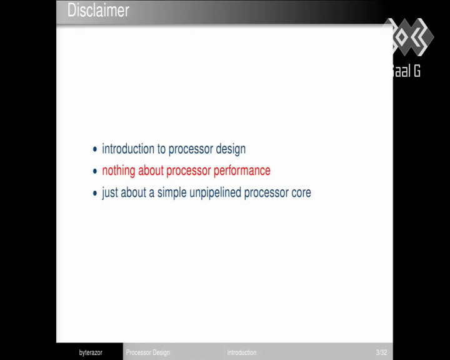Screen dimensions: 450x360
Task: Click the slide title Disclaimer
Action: pyautogui.click(x=98, y=11)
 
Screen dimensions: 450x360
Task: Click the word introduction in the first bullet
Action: pyautogui.click(x=128, y=149)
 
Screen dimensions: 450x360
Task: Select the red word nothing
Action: pyautogui.click(x=119, y=171)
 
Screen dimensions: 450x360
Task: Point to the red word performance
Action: pyautogui.click(x=242, y=171)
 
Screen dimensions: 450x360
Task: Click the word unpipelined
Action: pyautogui.click(x=215, y=192)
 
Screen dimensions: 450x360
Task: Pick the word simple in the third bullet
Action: pyautogui.click(x=172, y=192)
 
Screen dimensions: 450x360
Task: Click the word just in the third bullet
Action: pyautogui.click(x=110, y=192)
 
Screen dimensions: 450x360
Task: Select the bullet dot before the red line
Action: pyautogui.click(x=95, y=171)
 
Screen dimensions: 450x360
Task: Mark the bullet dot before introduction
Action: pyautogui.click(x=95, y=149)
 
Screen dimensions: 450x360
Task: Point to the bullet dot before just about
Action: pyautogui.click(x=95, y=193)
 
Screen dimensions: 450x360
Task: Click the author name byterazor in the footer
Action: pyautogui.click(x=91, y=352)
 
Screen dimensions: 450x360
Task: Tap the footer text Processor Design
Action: pyautogui.click(x=147, y=352)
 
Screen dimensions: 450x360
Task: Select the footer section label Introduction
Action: pyautogui.click(x=242, y=352)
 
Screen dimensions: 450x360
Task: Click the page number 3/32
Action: pyautogui.click(x=381, y=352)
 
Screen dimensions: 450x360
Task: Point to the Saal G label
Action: pyautogui.click(x=406, y=71)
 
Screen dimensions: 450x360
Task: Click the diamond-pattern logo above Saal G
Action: pyautogui.click(x=409, y=37)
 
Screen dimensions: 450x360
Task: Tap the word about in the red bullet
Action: pyautogui.click(x=151, y=171)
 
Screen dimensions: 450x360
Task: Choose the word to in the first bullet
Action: pyautogui.click(x=161, y=149)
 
